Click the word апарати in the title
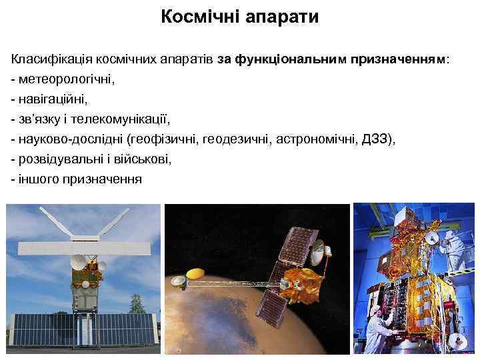[x=283, y=17]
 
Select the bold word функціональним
[x=287, y=60]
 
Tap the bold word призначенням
[x=394, y=60]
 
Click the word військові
[x=143, y=160]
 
